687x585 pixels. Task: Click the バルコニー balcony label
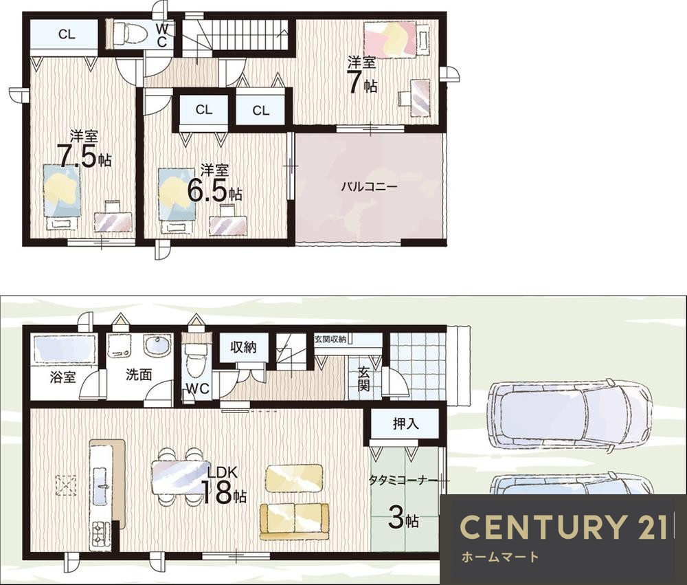click(369, 187)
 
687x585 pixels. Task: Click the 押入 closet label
click(406, 423)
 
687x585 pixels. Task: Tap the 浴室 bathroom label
click(63, 377)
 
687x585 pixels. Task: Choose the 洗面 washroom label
click(139, 375)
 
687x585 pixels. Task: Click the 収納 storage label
click(243, 347)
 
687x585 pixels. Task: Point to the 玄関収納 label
click(330, 339)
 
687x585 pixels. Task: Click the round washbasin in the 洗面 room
click(157, 347)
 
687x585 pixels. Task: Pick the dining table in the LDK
click(181, 476)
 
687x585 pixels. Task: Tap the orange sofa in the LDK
click(294, 521)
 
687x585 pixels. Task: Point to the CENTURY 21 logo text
click(564, 527)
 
